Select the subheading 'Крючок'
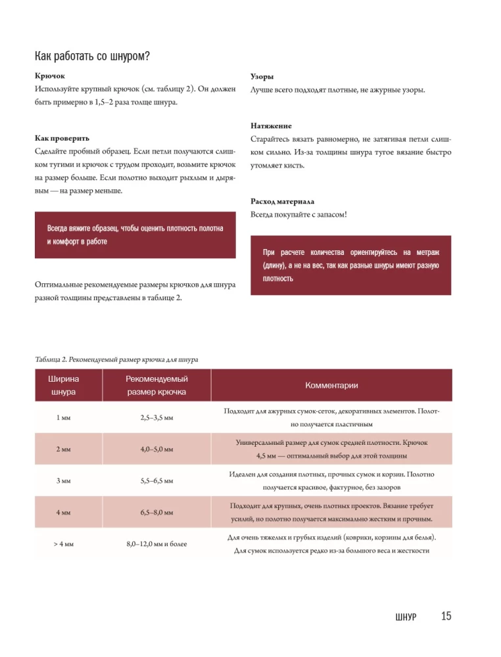[49, 76]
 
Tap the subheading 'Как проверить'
[62, 139]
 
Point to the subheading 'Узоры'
[262, 76]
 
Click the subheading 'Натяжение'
[271, 125]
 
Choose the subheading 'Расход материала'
[282, 201]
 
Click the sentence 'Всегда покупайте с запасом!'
[298, 215]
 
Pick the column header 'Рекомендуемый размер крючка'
[156, 386]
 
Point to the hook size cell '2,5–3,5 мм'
[156, 417]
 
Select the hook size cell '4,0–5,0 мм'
[156, 449]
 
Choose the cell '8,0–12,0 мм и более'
[156, 544]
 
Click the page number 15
[446, 616]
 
